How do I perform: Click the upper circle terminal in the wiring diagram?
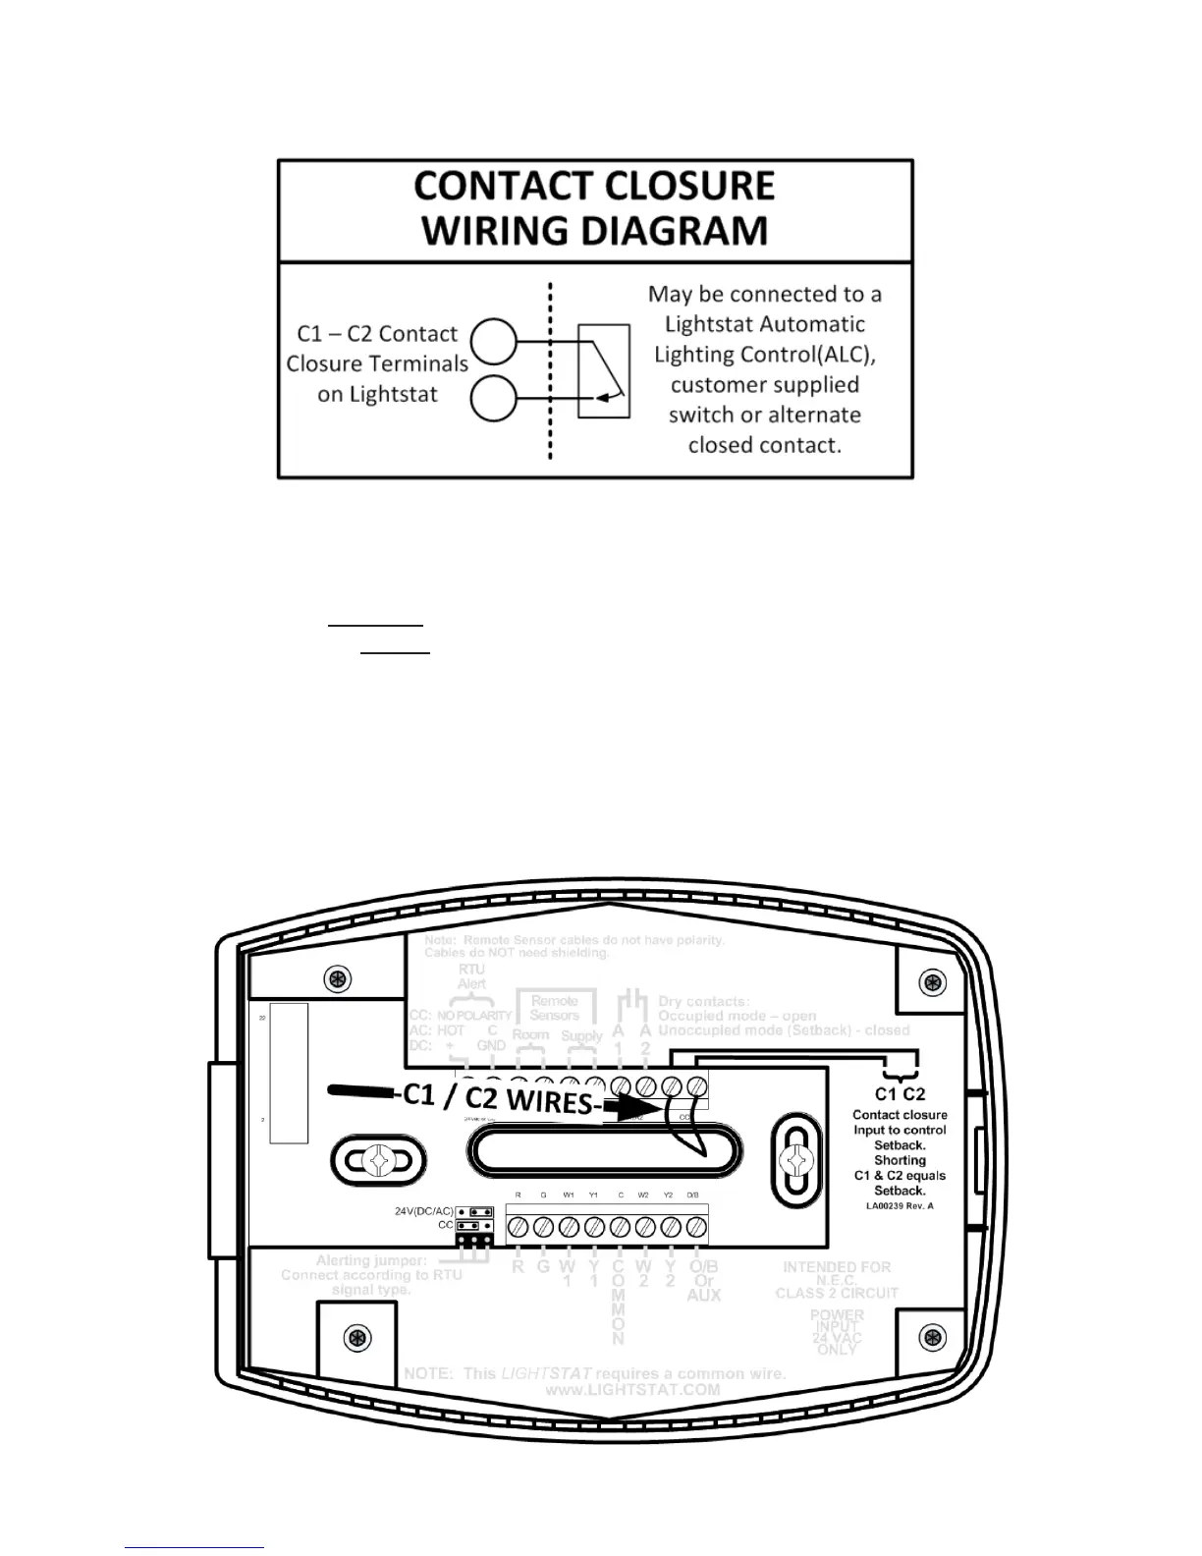point(493,341)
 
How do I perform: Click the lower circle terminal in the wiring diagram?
point(493,399)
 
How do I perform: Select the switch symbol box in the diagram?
point(604,370)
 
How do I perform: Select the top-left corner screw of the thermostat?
point(338,978)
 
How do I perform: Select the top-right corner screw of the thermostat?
point(932,981)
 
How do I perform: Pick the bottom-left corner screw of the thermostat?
point(357,1338)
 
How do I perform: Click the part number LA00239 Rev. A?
point(900,1205)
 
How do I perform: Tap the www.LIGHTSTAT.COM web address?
point(632,1390)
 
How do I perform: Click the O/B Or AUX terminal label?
point(703,1281)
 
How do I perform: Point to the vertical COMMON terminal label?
point(619,1303)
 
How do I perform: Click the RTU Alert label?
point(471,976)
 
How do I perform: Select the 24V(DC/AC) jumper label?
point(424,1211)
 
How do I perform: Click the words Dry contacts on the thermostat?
point(703,1002)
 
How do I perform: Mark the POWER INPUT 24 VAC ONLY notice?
point(838,1332)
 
